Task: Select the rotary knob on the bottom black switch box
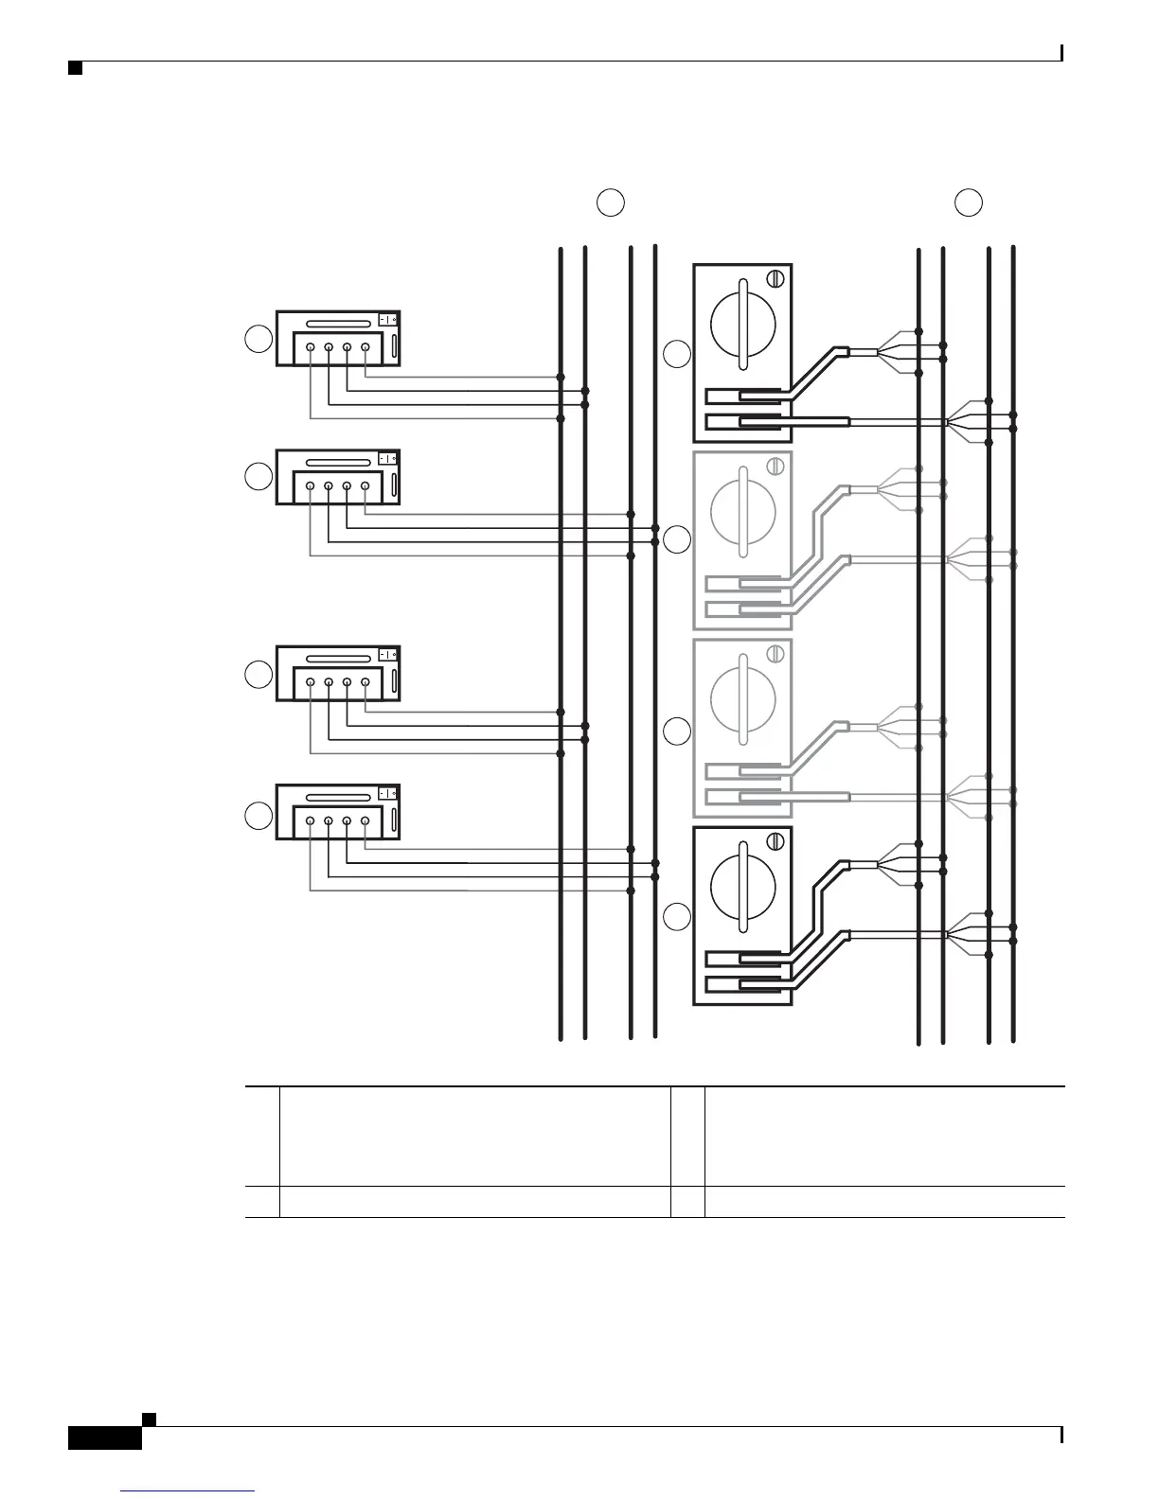743,887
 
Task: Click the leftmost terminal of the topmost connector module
311,347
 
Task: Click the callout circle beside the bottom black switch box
677,916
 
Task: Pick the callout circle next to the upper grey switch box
677,540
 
